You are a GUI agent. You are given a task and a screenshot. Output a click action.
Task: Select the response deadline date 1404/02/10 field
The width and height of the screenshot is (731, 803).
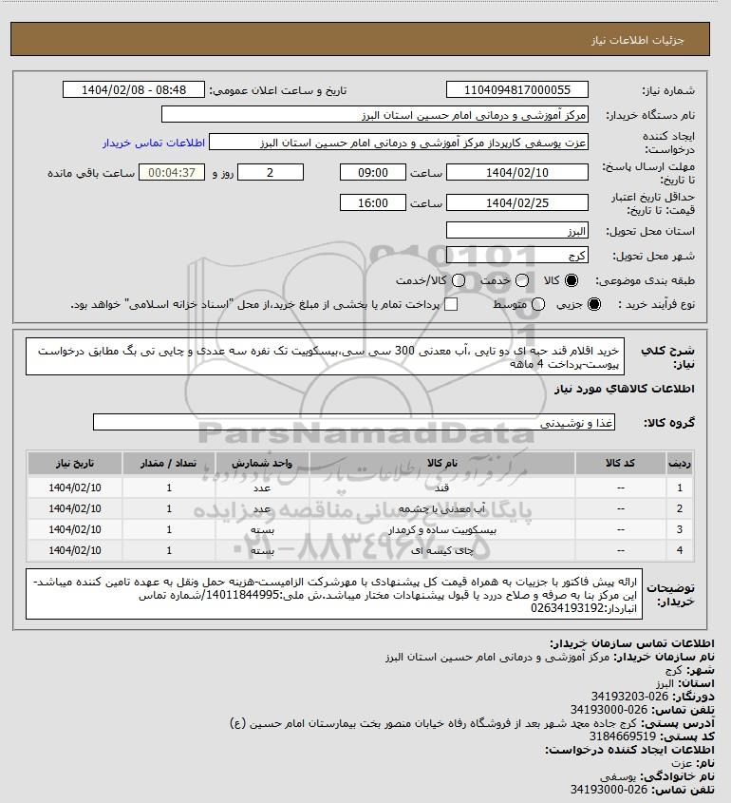517,173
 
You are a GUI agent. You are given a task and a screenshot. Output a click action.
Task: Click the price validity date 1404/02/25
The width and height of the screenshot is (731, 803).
517,202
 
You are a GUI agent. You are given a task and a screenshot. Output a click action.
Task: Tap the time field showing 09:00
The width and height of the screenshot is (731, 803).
374,173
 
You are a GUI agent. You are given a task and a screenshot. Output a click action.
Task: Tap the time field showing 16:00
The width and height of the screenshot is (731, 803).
374,202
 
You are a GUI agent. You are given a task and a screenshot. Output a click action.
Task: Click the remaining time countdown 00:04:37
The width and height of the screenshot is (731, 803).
172,173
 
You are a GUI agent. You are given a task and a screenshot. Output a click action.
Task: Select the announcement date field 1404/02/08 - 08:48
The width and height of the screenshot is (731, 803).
135,90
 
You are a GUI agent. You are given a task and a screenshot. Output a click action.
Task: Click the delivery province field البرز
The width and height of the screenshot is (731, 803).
517,231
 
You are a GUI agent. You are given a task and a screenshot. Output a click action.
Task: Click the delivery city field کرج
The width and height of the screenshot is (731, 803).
517,256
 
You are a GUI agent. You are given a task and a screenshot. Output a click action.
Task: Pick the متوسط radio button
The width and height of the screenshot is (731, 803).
538,304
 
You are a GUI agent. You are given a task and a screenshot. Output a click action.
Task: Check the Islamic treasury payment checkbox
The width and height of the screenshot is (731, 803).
451,304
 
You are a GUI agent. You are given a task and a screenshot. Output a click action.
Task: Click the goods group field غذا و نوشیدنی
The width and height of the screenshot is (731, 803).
354,422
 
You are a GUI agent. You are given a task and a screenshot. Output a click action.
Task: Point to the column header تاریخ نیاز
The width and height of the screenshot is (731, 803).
73,463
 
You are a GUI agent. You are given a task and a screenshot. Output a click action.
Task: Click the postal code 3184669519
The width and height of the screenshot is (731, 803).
623,736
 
